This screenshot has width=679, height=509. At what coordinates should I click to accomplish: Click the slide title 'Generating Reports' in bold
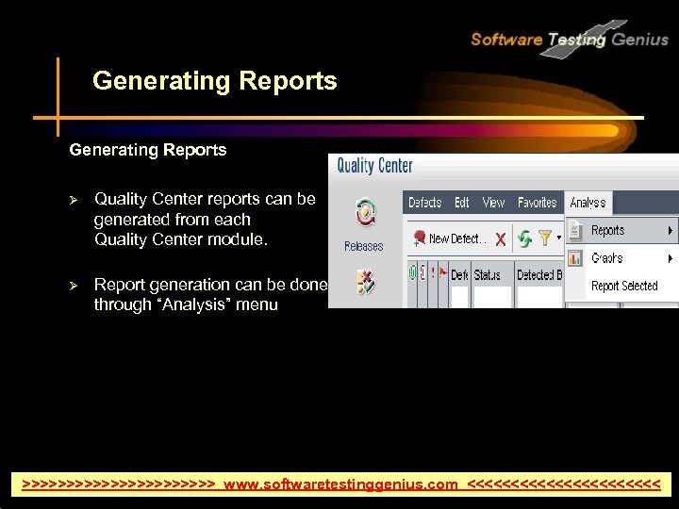(214, 81)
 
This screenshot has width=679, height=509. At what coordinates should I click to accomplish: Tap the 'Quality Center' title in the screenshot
(375, 167)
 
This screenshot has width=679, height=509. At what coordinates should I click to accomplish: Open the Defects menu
(424, 203)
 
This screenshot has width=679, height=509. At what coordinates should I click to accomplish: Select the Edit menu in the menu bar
(462, 203)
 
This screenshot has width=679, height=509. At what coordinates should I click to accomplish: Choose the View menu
(493, 203)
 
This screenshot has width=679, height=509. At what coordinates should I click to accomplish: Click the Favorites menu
(538, 203)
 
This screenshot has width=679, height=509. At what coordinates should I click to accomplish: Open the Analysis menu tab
(588, 203)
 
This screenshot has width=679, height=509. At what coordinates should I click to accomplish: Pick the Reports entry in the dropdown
(608, 230)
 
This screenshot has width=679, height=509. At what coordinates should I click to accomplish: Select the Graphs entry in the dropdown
(607, 258)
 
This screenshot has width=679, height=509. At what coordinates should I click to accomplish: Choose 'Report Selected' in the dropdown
(624, 286)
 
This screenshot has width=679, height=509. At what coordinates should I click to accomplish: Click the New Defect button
(448, 239)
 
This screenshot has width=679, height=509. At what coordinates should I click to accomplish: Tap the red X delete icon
(500, 239)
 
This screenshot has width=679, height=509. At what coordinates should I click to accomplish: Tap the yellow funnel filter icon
(545, 239)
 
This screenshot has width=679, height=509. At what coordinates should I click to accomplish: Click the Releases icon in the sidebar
(364, 216)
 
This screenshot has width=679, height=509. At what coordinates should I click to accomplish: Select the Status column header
(488, 275)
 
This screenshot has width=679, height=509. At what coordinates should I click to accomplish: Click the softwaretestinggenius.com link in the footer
(340, 484)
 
